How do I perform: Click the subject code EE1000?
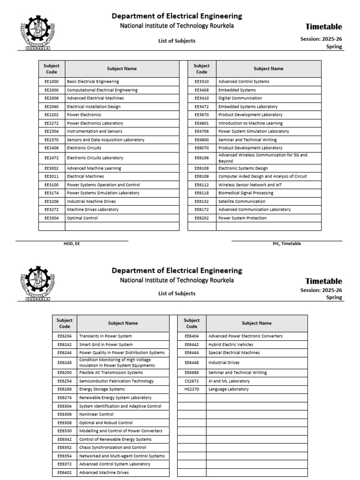coord(52,82)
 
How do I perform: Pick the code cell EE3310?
coord(202,82)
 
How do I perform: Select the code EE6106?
coord(202,158)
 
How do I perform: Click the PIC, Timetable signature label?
coord(287,244)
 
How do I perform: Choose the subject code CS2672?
coord(192,381)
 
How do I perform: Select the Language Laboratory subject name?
coord(229,389)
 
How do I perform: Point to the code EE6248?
coord(65,362)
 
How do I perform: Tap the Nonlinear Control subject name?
coord(96,414)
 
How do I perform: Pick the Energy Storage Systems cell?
coord(102,389)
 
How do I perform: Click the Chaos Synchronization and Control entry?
coord(112,447)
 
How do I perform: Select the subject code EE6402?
coord(65,472)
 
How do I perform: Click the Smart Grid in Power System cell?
coord(106,345)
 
